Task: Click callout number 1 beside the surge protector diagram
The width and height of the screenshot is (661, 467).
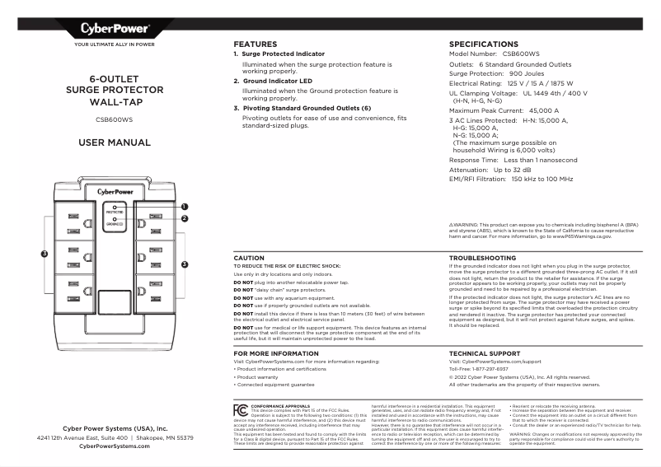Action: (x=185, y=207)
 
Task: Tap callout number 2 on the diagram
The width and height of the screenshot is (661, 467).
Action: (x=185, y=218)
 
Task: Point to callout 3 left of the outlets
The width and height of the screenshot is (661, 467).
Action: (x=45, y=253)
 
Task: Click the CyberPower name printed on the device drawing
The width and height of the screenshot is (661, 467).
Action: (x=117, y=191)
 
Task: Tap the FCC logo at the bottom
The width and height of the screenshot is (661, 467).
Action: (x=240, y=409)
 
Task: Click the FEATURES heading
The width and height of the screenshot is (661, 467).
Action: (x=255, y=44)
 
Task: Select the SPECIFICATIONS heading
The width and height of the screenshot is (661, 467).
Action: (x=483, y=44)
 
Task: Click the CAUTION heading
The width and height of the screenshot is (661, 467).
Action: (x=249, y=258)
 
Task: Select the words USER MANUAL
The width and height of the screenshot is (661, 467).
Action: (x=115, y=142)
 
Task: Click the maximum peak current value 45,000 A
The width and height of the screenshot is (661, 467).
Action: (x=544, y=110)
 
